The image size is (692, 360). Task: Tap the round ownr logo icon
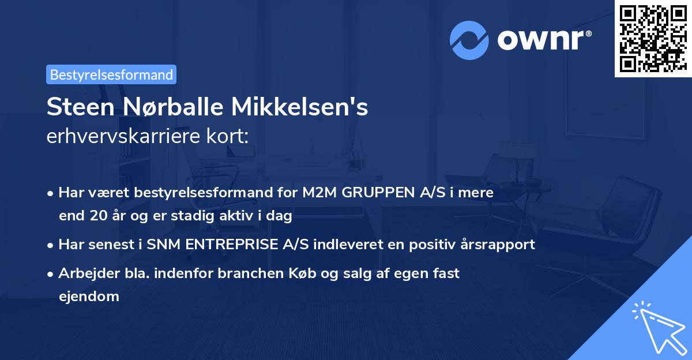[469, 40]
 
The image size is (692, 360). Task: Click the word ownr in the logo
[543, 40]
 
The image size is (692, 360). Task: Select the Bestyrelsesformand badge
[111, 74]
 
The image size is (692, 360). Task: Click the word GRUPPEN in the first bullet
[375, 193]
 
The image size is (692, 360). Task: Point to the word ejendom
[89, 297]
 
